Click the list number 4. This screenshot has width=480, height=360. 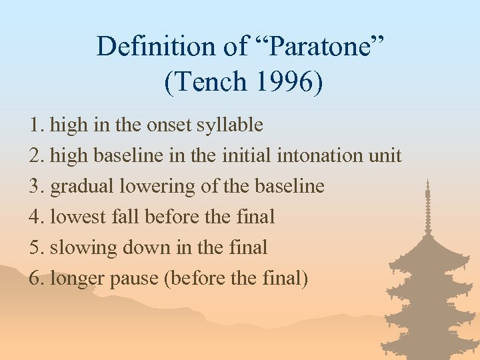tap(36, 217)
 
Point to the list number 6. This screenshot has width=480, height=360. tap(36, 279)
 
